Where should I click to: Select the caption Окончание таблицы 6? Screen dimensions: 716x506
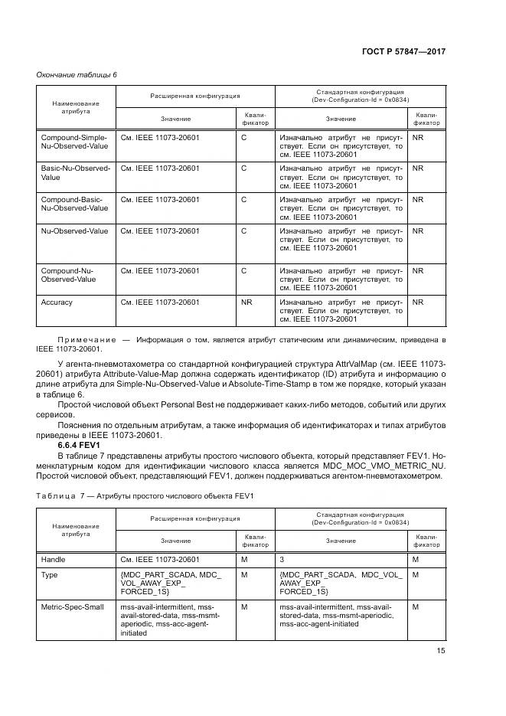77,74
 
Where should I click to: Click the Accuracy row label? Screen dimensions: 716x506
57,302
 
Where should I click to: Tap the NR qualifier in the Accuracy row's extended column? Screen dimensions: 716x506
246,302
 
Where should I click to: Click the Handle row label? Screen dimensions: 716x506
53,560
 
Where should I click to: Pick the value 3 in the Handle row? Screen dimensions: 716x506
282,560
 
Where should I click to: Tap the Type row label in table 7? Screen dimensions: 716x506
49,574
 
